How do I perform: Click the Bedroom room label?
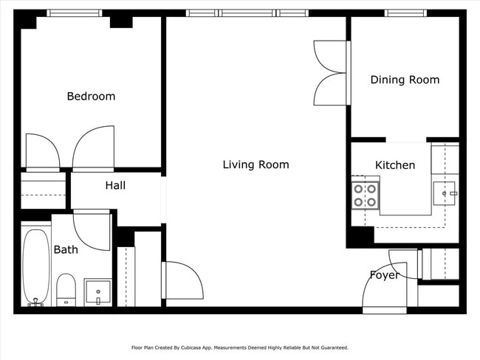tap(91, 96)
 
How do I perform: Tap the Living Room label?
tap(256, 165)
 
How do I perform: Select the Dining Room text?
tap(405, 80)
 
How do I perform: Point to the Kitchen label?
tap(395, 165)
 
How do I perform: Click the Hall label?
tap(114, 185)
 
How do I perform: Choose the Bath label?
tap(66, 250)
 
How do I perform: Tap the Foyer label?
tap(384, 275)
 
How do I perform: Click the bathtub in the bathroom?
tap(35, 266)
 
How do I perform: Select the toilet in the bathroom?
tap(66, 289)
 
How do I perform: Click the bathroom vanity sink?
tap(97, 291)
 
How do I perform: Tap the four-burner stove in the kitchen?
tap(365, 195)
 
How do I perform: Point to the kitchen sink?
tap(445, 194)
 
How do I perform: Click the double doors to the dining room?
tap(329, 72)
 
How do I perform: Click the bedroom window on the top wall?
tap(74, 13)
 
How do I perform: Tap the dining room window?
tap(405, 13)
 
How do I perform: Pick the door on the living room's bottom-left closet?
tap(180, 279)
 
